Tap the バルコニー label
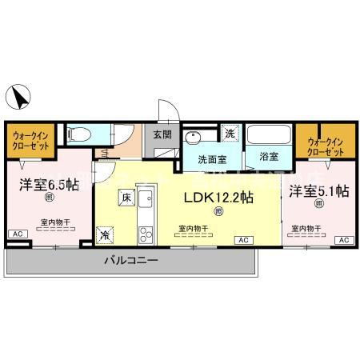tap(130, 261)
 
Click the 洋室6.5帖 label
tap(49, 184)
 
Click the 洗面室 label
tap(214, 158)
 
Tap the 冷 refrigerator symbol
tap(106, 235)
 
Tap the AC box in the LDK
tap(241, 240)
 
